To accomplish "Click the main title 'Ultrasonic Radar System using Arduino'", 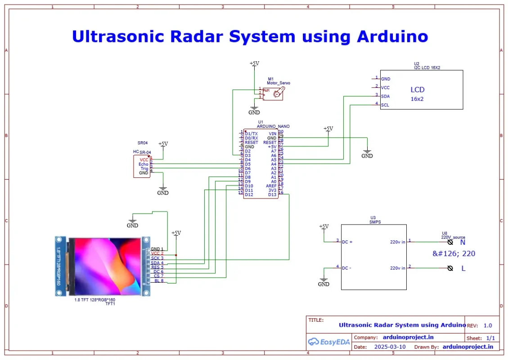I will [250, 36].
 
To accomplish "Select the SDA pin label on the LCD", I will [385, 96].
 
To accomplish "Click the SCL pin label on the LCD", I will [385, 105].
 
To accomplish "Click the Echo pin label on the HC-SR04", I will [144, 164].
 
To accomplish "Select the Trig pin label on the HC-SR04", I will [144, 169].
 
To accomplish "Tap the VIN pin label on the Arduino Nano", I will [272, 134].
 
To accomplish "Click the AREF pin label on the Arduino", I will [271, 186].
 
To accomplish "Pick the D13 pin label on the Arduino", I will [272, 194].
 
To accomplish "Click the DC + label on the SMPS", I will [347, 242].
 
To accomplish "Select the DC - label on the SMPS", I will [347, 268].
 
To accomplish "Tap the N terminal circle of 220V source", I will [450, 242].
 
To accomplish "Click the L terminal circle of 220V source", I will [450, 268].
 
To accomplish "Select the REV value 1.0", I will [488, 325].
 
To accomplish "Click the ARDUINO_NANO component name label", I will [273, 126].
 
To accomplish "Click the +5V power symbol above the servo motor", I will [254, 64].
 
